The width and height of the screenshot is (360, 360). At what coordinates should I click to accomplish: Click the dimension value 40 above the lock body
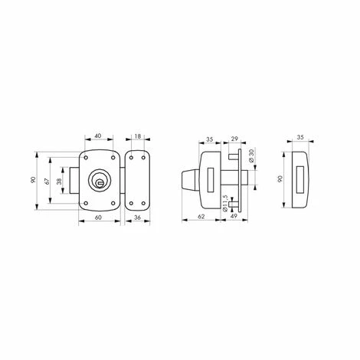(x=100, y=136)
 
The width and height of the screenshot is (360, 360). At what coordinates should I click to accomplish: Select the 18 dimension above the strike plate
(x=138, y=136)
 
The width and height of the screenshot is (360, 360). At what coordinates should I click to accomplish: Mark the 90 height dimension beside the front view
(x=34, y=179)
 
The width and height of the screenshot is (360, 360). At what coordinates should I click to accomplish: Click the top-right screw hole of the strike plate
(x=143, y=157)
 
